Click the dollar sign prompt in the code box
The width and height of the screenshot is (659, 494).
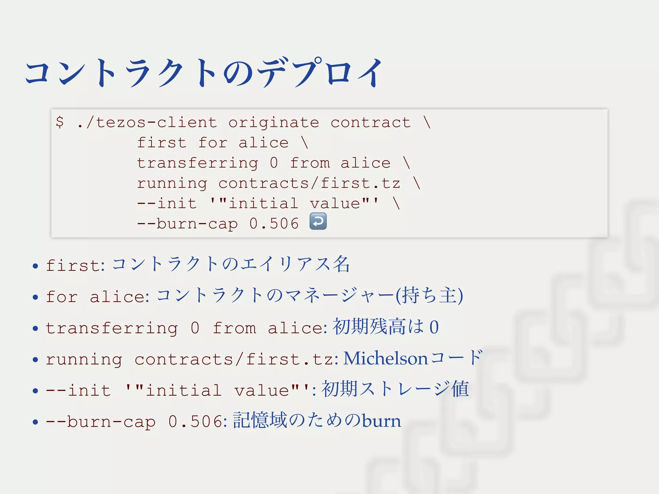[60, 122]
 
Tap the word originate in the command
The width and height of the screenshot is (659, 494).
[274, 123]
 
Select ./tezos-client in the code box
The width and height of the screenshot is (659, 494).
[147, 123]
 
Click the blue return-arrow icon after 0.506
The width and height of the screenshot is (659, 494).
[318, 221]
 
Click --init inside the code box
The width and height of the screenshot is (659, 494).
[167, 204]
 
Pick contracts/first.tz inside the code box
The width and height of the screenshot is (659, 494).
[309, 183]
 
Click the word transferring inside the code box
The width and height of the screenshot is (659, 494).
[197, 163]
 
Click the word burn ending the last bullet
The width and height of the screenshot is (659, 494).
[382, 421]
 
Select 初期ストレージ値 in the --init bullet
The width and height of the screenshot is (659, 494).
[395, 389]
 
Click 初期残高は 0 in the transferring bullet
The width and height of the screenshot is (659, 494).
[385, 327]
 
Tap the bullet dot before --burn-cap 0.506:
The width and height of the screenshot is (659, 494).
[35, 422]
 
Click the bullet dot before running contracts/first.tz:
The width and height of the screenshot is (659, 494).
[35, 360]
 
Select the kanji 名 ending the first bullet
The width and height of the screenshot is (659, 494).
[341, 264]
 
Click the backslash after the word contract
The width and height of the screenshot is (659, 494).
[427, 122]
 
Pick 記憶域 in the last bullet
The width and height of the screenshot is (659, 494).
[260, 421]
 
